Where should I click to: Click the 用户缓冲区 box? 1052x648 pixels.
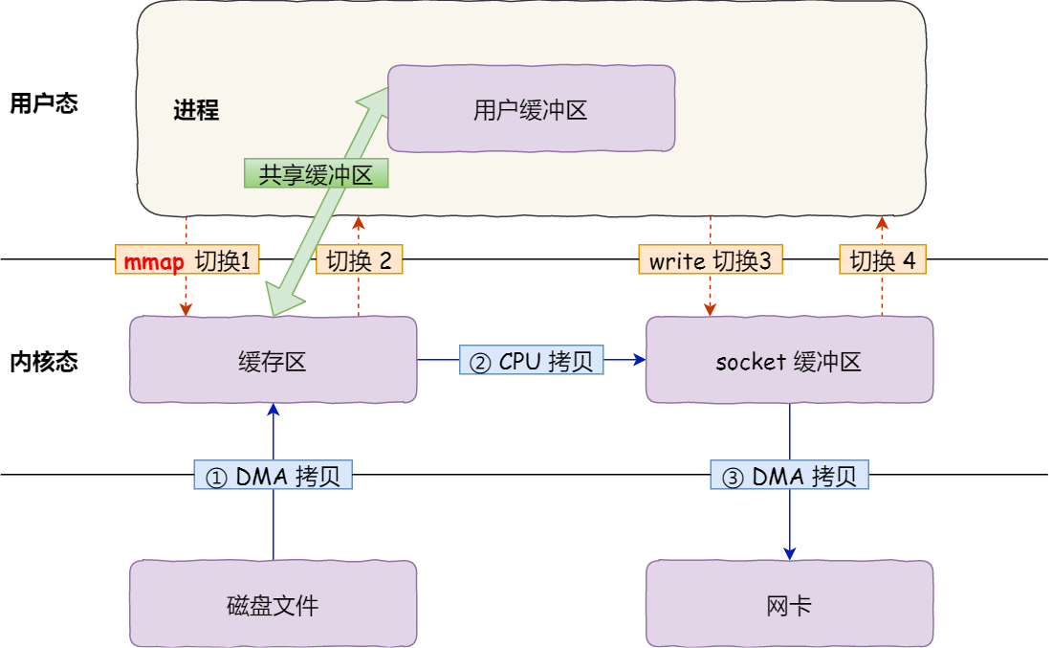tap(531, 109)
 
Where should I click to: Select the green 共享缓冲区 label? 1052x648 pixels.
tap(317, 173)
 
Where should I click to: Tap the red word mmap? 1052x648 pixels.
tap(154, 260)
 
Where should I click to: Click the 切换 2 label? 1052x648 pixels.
tap(360, 260)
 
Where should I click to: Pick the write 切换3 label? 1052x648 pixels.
tap(710, 260)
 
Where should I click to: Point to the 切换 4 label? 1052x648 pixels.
tap(883, 260)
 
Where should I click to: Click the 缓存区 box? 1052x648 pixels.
tap(273, 360)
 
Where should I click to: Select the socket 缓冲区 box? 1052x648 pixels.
tap(789, 360)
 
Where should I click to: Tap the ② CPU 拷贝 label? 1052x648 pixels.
tap(531, 360)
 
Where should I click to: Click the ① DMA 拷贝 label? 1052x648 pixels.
tap(274, 476)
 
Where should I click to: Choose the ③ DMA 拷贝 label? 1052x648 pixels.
tap(789, 476)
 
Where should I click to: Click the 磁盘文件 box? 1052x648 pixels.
tap(273, 603)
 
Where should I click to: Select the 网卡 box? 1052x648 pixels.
tap(789, 603)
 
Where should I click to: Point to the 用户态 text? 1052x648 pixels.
tap(43, 103)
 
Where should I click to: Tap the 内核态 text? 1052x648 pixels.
tap(43, 362)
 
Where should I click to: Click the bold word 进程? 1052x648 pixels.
tap(196, 110)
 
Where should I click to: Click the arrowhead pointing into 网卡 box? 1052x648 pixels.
tap(790, 553)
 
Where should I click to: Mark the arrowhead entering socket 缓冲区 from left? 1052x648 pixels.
tap(639, 360)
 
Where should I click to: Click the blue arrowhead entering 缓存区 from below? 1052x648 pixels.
tap(274, 410)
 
